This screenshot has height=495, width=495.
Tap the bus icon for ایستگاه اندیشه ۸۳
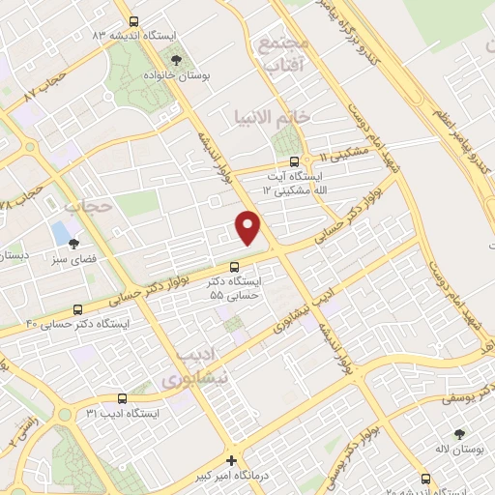pos(133,19)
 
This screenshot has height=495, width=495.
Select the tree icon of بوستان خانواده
pos(175,60)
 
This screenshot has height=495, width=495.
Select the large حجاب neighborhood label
pos(82,206)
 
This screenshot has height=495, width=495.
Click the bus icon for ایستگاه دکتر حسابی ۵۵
pos(234,268)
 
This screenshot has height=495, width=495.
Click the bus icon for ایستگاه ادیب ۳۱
pos(122,398)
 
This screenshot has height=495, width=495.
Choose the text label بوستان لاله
pos(458,451)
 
